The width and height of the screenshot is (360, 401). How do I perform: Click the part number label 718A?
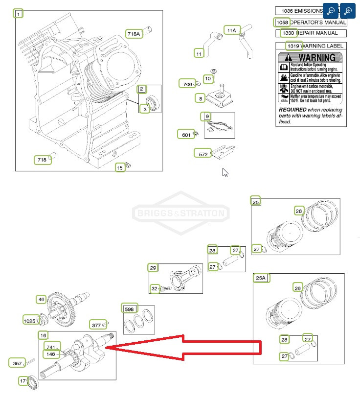click(x=134, y=34)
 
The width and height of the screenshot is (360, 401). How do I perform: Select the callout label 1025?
click(x=30, y=321)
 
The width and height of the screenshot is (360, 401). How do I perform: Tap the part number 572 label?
click(x=202, y=154)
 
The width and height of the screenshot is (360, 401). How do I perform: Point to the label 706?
click(x=187, y=84)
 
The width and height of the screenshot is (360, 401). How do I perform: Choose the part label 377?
click(x=96, y=325)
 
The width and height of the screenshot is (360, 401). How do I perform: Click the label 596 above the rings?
click(x=130, y=309)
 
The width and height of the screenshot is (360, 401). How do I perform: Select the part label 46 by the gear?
click(x=41, y=299)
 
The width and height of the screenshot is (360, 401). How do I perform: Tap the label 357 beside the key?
click(x=17, y=363)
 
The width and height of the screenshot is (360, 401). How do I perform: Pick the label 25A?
click(x=260, y=278)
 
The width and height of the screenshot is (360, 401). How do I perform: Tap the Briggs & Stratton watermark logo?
click(x=180, y=213)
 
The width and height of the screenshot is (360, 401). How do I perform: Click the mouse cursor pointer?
click(x=225, y=172)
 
